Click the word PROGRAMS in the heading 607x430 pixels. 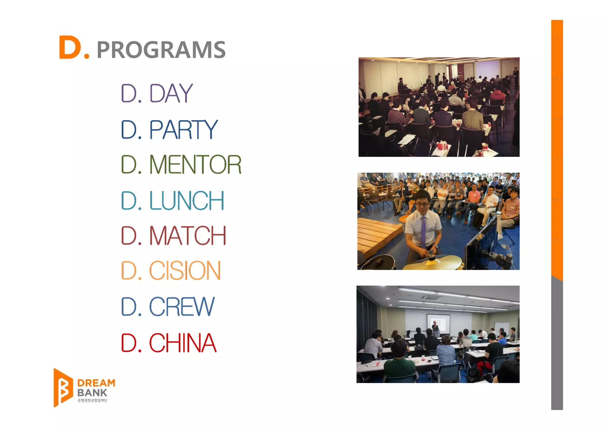pyautogui.click(x=161, y=50)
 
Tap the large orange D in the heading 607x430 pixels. pyautogui.click(x=70, y=47)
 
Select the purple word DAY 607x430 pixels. pyautogui.click(x=171, y=93)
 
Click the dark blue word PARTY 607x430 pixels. pyautogui.click(x=183, y=130)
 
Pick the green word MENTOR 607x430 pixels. pyautogui.click(x=195, y=165)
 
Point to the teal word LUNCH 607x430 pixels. pyautogui.click(x=186, y=201)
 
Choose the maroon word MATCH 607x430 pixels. pyautogui.click(x=188, y=236)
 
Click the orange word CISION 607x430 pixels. pyautogui.click(x=185, y=271)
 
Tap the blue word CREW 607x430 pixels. pyautogui.click(x=181, y=307)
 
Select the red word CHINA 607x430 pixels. pyautogui.click(x=183, y=343)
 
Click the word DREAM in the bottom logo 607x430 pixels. pyautogui.click(x=96, y=383)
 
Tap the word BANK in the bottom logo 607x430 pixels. pyautogui.click(x=92, y=393)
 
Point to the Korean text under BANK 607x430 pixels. pyautogui.click(x=92, y=401)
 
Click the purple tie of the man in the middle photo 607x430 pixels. pyautogui.click(x=424, y=231)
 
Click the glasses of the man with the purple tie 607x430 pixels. pyautogui.click(x=422, y=204)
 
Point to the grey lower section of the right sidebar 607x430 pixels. pyautogui.click(x=557, y=344)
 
